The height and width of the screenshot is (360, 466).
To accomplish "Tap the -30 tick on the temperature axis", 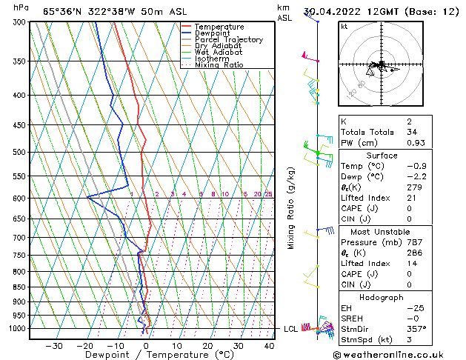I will click(x=54, y=346).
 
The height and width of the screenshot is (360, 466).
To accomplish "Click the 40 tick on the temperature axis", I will click(x=268, y=346).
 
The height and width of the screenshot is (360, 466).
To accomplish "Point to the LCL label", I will click(x=291, y=329).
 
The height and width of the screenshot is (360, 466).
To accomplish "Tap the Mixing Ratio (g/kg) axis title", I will click(x=292, y=208).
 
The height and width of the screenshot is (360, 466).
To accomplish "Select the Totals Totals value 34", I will click(x=412, y=132).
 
